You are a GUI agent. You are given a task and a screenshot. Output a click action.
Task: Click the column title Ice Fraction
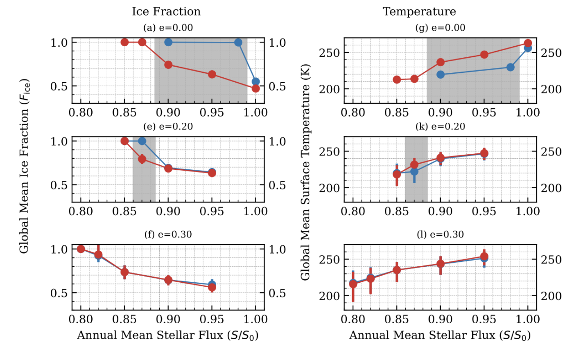tap(166, 11)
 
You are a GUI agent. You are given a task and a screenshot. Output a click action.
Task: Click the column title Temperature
tap(419, 11)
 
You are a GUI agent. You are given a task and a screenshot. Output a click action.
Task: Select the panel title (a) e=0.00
tap(168, 28)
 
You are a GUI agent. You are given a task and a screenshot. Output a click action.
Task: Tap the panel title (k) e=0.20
tap(440, 126)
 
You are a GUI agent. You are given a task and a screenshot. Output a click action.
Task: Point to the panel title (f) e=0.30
tap(168, 234)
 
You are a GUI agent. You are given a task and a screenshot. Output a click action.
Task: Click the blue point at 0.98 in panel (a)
tap(238, 43)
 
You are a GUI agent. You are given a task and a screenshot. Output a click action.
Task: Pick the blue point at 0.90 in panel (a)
tap(168, 42)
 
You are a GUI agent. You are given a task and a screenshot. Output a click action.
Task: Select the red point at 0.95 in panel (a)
tap(212, 74)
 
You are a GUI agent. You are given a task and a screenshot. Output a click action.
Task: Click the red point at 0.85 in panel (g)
tap(397, 80)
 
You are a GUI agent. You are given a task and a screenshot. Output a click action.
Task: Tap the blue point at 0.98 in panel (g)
tap(511, 67)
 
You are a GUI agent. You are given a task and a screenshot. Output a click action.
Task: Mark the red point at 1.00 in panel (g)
tap(528, 43)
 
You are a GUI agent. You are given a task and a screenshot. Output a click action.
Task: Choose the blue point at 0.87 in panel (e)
tap(142, 141)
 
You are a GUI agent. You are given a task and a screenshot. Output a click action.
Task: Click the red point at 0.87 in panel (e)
tap(142, 159)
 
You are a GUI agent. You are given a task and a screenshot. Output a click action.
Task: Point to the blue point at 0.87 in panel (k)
tap(414, 172)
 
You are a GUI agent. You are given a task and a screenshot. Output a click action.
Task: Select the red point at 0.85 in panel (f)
tap(125, 272)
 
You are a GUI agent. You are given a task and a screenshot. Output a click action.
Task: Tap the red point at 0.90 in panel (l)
tap(441, 264)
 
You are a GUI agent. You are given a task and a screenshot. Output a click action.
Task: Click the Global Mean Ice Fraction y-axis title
tap(24, 166)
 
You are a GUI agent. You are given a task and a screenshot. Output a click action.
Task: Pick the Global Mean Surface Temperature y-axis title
tap(305, 172)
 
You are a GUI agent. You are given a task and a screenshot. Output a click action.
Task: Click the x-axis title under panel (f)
tap(168, 335)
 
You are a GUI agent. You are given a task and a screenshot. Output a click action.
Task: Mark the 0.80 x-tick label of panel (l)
tap(353, 319)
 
